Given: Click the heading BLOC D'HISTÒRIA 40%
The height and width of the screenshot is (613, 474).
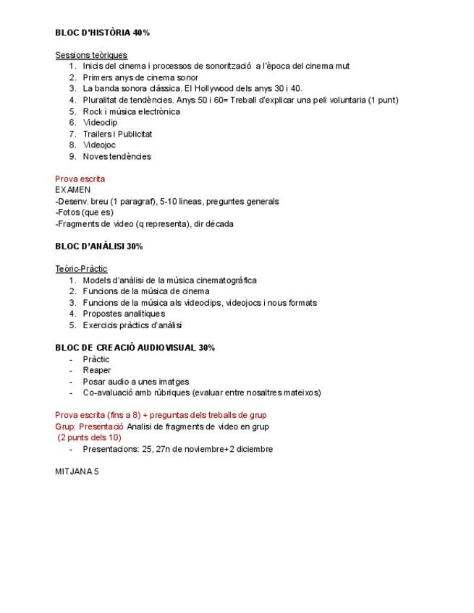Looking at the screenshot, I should [102, 33].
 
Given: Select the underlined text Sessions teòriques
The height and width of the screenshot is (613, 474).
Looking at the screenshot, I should [91, 55].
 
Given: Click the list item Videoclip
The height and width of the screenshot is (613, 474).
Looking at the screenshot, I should [100, 123].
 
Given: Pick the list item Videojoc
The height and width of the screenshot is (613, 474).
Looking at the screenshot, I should [99, 145].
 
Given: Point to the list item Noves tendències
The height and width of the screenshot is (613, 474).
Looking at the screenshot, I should [117, 156].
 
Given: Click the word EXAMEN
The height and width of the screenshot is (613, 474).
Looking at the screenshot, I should [73, 190].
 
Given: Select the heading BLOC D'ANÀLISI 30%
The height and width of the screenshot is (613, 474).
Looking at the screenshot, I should [99, 247].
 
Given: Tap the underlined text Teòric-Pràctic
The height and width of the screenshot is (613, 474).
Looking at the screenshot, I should [81, 269].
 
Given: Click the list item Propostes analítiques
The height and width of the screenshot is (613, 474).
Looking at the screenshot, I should [124, 314].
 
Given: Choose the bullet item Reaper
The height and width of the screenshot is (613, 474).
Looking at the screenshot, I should [97, 370].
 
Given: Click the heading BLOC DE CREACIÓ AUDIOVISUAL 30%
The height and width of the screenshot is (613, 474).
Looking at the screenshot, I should [135, 348].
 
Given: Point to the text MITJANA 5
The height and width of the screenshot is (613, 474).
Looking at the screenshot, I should [77, 471].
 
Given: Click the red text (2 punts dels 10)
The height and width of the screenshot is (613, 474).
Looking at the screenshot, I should [90, 437].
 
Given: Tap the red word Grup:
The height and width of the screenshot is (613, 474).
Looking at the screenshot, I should [66, 426].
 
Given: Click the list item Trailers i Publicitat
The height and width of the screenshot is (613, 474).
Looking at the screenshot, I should [117, 134].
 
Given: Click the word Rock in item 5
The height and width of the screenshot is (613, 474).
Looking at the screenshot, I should [91, 111].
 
